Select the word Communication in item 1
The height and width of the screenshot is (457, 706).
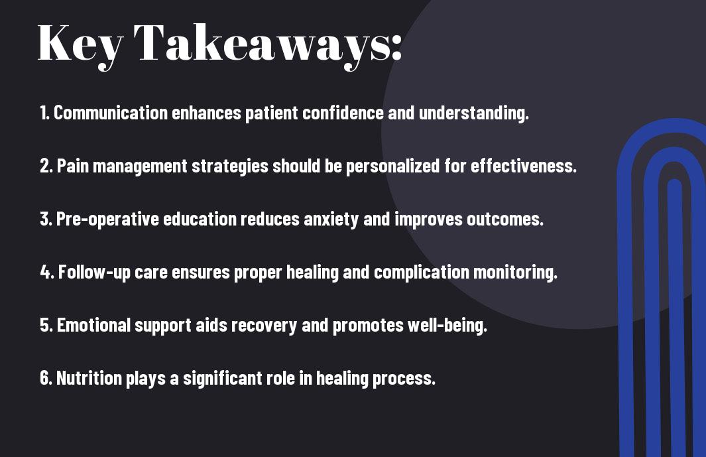[111, 113]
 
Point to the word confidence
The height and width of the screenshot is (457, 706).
[343, 113]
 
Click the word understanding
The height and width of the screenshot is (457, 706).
[474, 113]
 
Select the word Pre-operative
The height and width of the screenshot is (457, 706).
[107, 219]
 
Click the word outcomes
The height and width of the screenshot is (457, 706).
[504, 220]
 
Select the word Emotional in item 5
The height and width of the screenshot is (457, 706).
[93, 326]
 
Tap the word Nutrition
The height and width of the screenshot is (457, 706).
[89, 378]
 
